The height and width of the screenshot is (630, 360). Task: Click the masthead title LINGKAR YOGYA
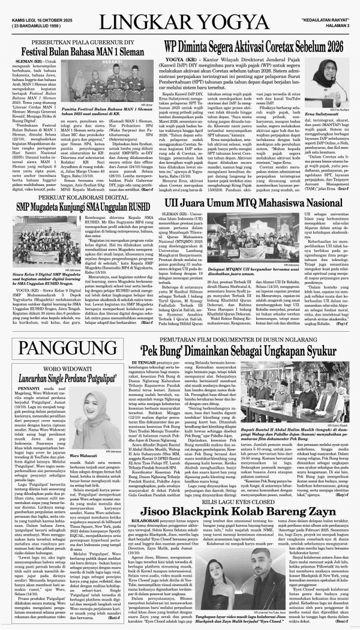(x=180, y=22)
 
